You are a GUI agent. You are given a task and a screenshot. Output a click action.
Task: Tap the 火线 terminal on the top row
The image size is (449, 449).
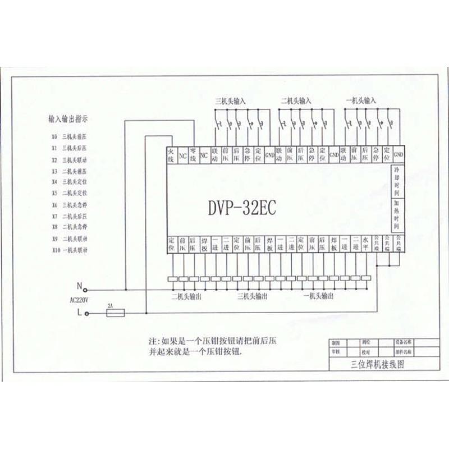[171, 155]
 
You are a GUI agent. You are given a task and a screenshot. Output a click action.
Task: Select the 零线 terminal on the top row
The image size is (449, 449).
[193, 155]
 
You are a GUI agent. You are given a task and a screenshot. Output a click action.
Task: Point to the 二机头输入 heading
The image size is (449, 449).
[296, 101]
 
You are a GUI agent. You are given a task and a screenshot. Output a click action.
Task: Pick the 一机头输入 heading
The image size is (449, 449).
[360, 101]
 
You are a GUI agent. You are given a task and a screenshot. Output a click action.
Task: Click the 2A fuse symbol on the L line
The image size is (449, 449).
[115, 314]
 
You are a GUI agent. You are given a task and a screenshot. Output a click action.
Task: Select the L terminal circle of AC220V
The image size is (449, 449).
[86, 314]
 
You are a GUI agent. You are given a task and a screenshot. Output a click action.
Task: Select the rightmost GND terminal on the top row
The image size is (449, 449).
[398, 155]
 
